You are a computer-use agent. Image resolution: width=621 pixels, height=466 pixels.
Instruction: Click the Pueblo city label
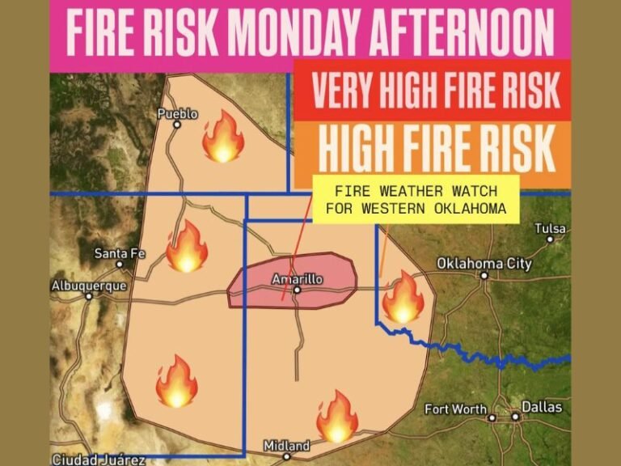(176, 114)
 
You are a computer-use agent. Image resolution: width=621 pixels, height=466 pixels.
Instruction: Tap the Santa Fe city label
(119, 253)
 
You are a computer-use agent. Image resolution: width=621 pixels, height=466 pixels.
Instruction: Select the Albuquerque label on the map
(89, 286)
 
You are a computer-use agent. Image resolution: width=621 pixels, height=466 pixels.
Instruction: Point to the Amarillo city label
(297, 278)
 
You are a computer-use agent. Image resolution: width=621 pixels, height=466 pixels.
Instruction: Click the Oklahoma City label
(484, 263)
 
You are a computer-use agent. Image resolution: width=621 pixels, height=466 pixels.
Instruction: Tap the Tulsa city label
(550, 229)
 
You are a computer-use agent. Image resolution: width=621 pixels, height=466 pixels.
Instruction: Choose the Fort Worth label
(456, 409)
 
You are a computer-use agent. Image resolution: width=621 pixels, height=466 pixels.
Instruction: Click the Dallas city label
(541, 407)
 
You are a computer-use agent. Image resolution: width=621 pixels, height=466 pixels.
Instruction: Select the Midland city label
(286, 446)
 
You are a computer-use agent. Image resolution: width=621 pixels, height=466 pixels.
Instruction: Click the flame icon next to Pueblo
(222, 138)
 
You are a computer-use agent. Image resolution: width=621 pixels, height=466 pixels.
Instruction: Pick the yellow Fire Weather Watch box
(416, 199)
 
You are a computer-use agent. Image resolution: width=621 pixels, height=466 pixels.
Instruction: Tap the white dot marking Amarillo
(297, 290)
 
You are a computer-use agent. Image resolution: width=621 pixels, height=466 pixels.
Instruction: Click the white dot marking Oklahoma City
(484, 275)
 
